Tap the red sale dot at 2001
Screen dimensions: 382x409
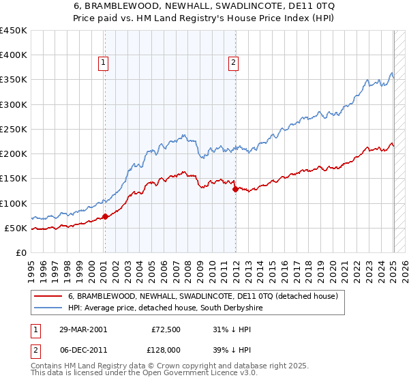[x=105, y=217]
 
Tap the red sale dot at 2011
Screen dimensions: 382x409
[x=235, y=190]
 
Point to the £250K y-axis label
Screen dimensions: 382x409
[x=14, y=129]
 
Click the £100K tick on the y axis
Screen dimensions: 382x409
[x=14, y=203]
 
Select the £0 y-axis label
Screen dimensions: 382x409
[x=22, y=252]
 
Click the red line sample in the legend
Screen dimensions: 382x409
[x=48, y=296]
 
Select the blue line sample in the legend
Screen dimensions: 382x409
[x=48, y=308]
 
